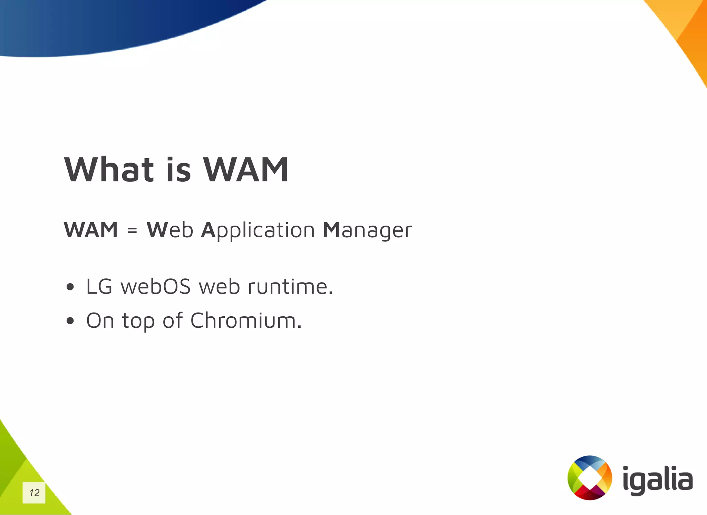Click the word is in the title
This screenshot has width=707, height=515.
178,170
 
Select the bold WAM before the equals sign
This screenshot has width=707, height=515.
91,230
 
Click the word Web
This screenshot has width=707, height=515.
170,230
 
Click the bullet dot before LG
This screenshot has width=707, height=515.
70,287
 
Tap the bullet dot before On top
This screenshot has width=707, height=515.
70,321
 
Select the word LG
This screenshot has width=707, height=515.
99,287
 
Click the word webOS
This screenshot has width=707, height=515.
156,287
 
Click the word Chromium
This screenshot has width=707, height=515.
246,320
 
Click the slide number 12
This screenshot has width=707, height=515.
34,493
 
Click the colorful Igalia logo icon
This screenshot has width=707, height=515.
590,478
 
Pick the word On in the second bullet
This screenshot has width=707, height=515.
100,320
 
